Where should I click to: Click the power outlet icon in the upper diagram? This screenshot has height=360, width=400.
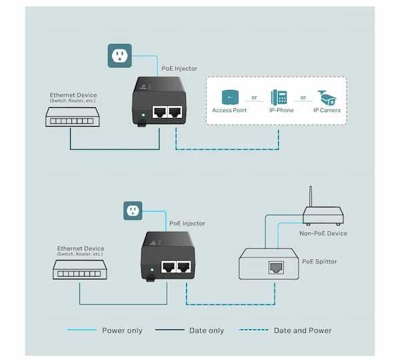120,56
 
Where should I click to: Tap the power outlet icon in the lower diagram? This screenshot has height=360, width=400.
134,211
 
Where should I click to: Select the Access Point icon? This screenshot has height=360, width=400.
229,97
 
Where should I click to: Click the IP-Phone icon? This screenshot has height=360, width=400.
279,97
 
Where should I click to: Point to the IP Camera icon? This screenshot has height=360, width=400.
326,97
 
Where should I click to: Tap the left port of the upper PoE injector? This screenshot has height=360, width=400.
160,113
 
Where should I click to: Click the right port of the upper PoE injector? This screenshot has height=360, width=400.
176,113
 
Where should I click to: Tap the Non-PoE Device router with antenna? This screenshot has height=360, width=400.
323,213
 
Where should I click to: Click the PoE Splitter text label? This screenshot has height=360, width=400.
319,261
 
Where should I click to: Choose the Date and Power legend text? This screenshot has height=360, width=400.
302,330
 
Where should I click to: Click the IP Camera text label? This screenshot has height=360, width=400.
327,110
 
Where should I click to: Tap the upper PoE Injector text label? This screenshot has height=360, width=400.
179,69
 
